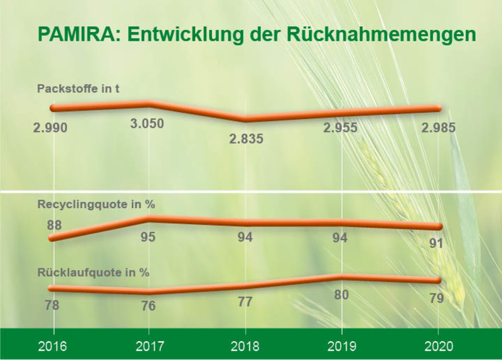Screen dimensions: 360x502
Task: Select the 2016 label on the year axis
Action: click(54, 346)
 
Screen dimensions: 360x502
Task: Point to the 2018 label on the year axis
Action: click(245, 346)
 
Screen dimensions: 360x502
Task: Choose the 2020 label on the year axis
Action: click(437, 346)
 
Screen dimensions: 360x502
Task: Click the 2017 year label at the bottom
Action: click(149, 346)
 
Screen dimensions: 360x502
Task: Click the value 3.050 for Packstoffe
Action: click(147, 124)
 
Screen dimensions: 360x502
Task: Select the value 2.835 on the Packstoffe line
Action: click(247, 139)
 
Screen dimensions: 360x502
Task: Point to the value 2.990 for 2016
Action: click(50, 128)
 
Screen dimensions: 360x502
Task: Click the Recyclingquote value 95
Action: click(148, 237)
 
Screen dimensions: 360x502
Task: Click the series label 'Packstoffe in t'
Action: click(78, 88)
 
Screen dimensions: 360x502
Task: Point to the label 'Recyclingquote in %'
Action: click(96, 204)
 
